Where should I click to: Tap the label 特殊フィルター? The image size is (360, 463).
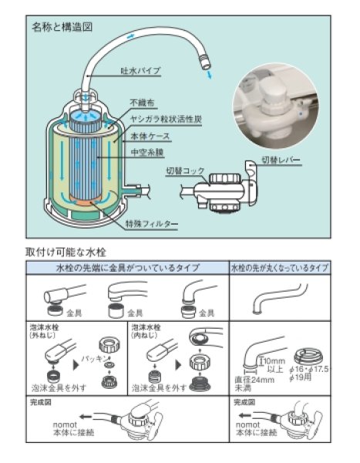click(x=152, y=224)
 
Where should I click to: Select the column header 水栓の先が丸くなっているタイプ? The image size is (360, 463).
click(x=280, y=268)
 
